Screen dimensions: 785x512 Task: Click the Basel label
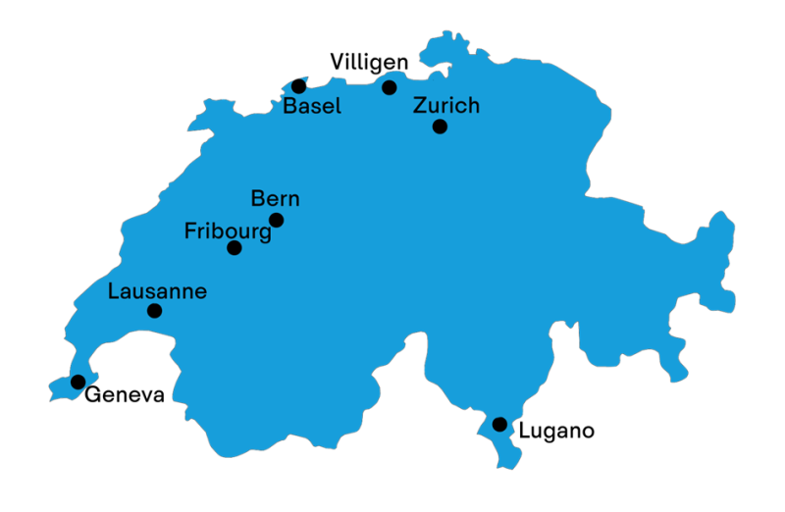pyautogui.click(x=312, y=106)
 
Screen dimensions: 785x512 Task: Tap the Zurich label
pyautogui.click(x=446, y=105)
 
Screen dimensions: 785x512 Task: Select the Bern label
pyautogui.click(x=276, y=198)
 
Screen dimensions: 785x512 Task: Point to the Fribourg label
pyautogui.click(x=228, y=232)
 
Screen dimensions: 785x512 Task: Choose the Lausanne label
pyautogui.click(x=157, y=291)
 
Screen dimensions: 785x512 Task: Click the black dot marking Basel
pyautogui.click(x=299, y=86)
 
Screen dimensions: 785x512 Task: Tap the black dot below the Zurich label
pyautogui.click(x=440, y=126)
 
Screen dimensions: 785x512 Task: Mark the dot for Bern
pyautogui.click(x=277, y=220)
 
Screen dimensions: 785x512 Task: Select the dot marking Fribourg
pyautogui.click(x=235, y=247)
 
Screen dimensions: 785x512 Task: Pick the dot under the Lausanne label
pyautogui.click(x=154, y=311)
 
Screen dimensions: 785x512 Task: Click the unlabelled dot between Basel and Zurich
pyautogui.click(x=390, y=87)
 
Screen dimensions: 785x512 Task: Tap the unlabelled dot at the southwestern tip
pyautogui.click(x=78, y=382)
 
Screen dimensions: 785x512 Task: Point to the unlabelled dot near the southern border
pyautogui.click(x=499, y=424)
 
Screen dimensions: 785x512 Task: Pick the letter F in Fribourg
pyautogui.click(x=190, y=231)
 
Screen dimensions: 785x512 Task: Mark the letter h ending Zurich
pyautogui.click(x=473, y=105)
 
